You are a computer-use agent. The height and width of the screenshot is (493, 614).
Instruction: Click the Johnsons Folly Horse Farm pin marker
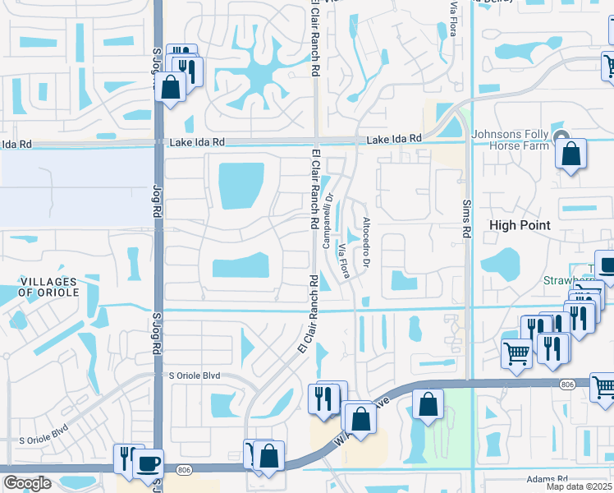pyautogui.click(x=561, y=136)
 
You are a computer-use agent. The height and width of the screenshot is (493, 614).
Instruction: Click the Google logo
pyautogui.click(x=26, y=483)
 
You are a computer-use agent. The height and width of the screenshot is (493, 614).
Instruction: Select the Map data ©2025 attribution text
pyautogui.click(x=579, y=486)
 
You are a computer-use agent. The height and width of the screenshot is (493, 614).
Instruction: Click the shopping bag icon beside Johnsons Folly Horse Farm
pyautogui.click(x=570, y=154)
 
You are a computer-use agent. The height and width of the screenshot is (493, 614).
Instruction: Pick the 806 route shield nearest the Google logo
pyautogui.click(x=182, y=469)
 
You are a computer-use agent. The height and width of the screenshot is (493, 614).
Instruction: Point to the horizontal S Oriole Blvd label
pyautogui.click(x=195, y=376)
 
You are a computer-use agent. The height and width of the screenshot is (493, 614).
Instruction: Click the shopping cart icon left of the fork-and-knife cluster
pyautogui.click(x=516, y=353)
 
